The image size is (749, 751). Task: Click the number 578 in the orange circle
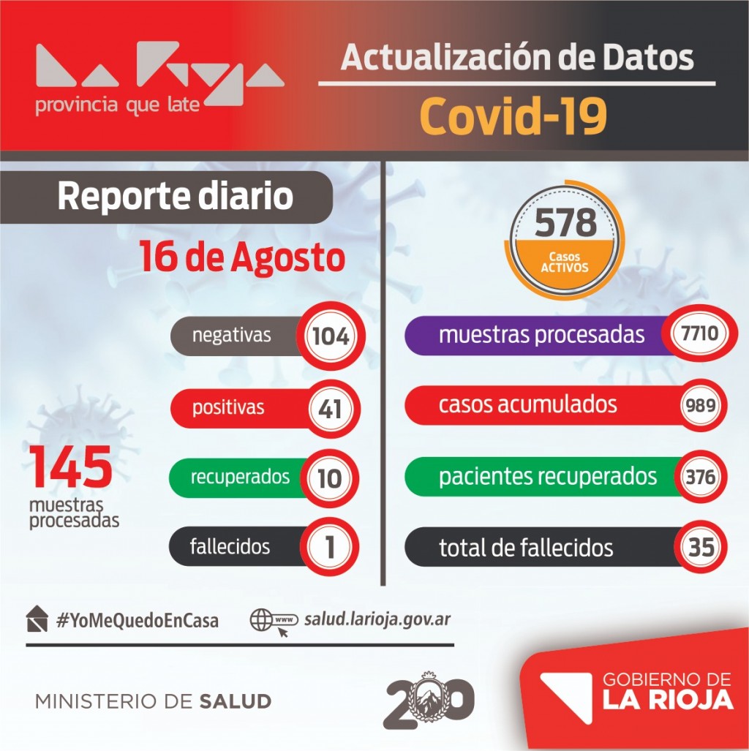tap(565, 222)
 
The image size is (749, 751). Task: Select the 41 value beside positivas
tap(330, 408)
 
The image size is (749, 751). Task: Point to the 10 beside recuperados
tap(329, 478)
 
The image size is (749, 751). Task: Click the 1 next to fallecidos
tap(330, 548)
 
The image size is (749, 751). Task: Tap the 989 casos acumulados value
tap(701, 406)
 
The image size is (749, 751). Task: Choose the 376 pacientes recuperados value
tap(701, 478)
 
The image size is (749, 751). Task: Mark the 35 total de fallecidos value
tap(701, 547)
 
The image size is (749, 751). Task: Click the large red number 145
tap(71, 467)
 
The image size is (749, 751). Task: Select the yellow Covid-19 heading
tap(513, 117)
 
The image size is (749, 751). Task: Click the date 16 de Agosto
tap(242, 258)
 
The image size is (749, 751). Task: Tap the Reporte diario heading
tap(176, 197)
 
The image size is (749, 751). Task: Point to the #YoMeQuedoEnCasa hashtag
tap(137, 621)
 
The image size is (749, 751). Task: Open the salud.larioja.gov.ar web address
tap(377, 619)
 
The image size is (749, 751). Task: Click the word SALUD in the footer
tap(235, 702)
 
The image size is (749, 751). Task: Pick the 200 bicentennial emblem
tap(429, 700)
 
